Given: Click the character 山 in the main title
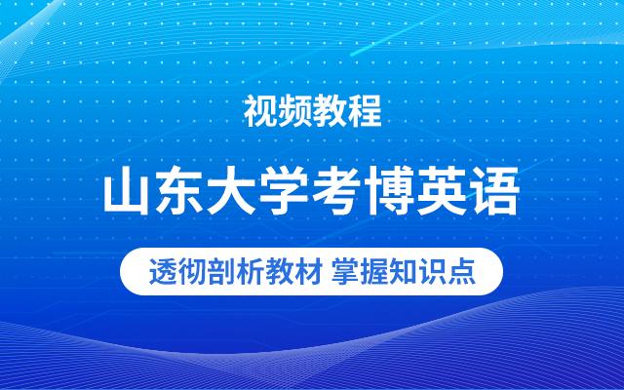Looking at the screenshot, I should tap(128, 193).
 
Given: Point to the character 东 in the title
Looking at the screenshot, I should tap(181, 193).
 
